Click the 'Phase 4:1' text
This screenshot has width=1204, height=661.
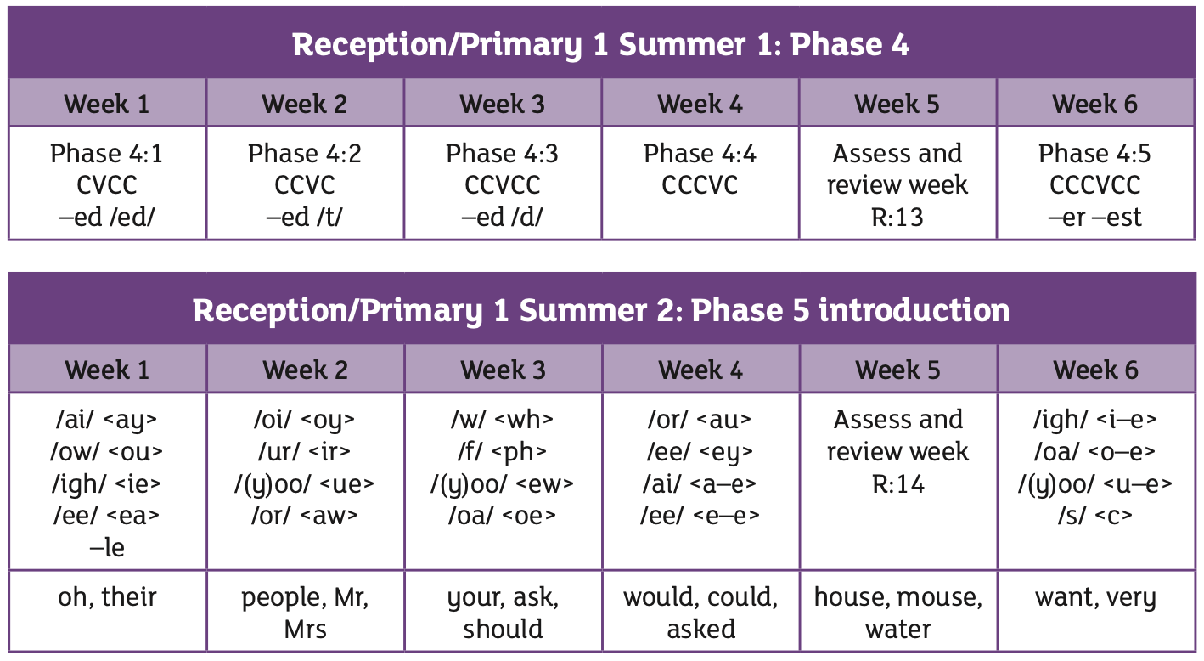(x=106, y=154)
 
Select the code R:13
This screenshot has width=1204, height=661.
(x=897, y=218)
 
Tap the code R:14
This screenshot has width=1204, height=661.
(x=897, y=483)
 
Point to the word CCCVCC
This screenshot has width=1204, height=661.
(x=1094, y=185)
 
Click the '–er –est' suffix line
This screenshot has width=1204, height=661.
(x=1094, y=218)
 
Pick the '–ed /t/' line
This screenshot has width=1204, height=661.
(x=304, y=218)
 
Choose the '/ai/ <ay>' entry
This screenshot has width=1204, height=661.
(x=106, y=420)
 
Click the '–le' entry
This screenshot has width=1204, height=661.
(x=107, y=547)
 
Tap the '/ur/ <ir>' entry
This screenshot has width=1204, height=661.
(x=304, y=452)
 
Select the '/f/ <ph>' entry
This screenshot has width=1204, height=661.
(x=502, y=452)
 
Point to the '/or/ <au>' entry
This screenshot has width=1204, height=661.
(x=700, y=420)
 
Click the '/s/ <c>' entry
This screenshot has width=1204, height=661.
(x=1095, y=516)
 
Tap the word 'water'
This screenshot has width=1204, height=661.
(x=897, y=630)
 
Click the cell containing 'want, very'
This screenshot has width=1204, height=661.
(x=1096, y=611)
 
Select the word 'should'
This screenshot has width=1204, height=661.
(x=503, y=630)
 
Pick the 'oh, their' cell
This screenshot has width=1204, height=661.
(x=108, y=611)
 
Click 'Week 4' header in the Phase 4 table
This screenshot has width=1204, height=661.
(x=700, y=104)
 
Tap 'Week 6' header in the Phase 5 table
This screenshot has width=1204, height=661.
(x=1095, y=370)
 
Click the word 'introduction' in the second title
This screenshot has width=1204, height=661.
(x=914, y=311)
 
